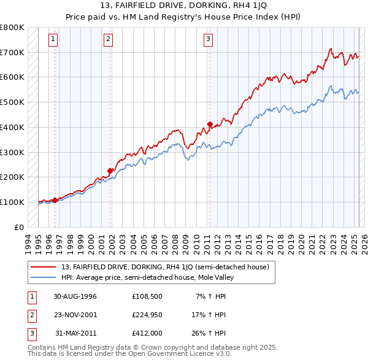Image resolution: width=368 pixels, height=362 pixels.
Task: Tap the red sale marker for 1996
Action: click(x=55, y=199)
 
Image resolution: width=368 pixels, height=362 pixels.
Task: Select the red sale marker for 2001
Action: click(x=110, y=171)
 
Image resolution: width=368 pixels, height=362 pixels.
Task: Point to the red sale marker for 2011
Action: click(x=210, y=124)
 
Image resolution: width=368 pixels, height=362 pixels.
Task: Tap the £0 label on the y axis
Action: click(x=19, y=227)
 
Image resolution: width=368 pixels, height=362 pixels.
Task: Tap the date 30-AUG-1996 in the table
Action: click(x=75, y=296)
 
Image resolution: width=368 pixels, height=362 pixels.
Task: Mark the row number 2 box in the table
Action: click(x=30, y=315)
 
